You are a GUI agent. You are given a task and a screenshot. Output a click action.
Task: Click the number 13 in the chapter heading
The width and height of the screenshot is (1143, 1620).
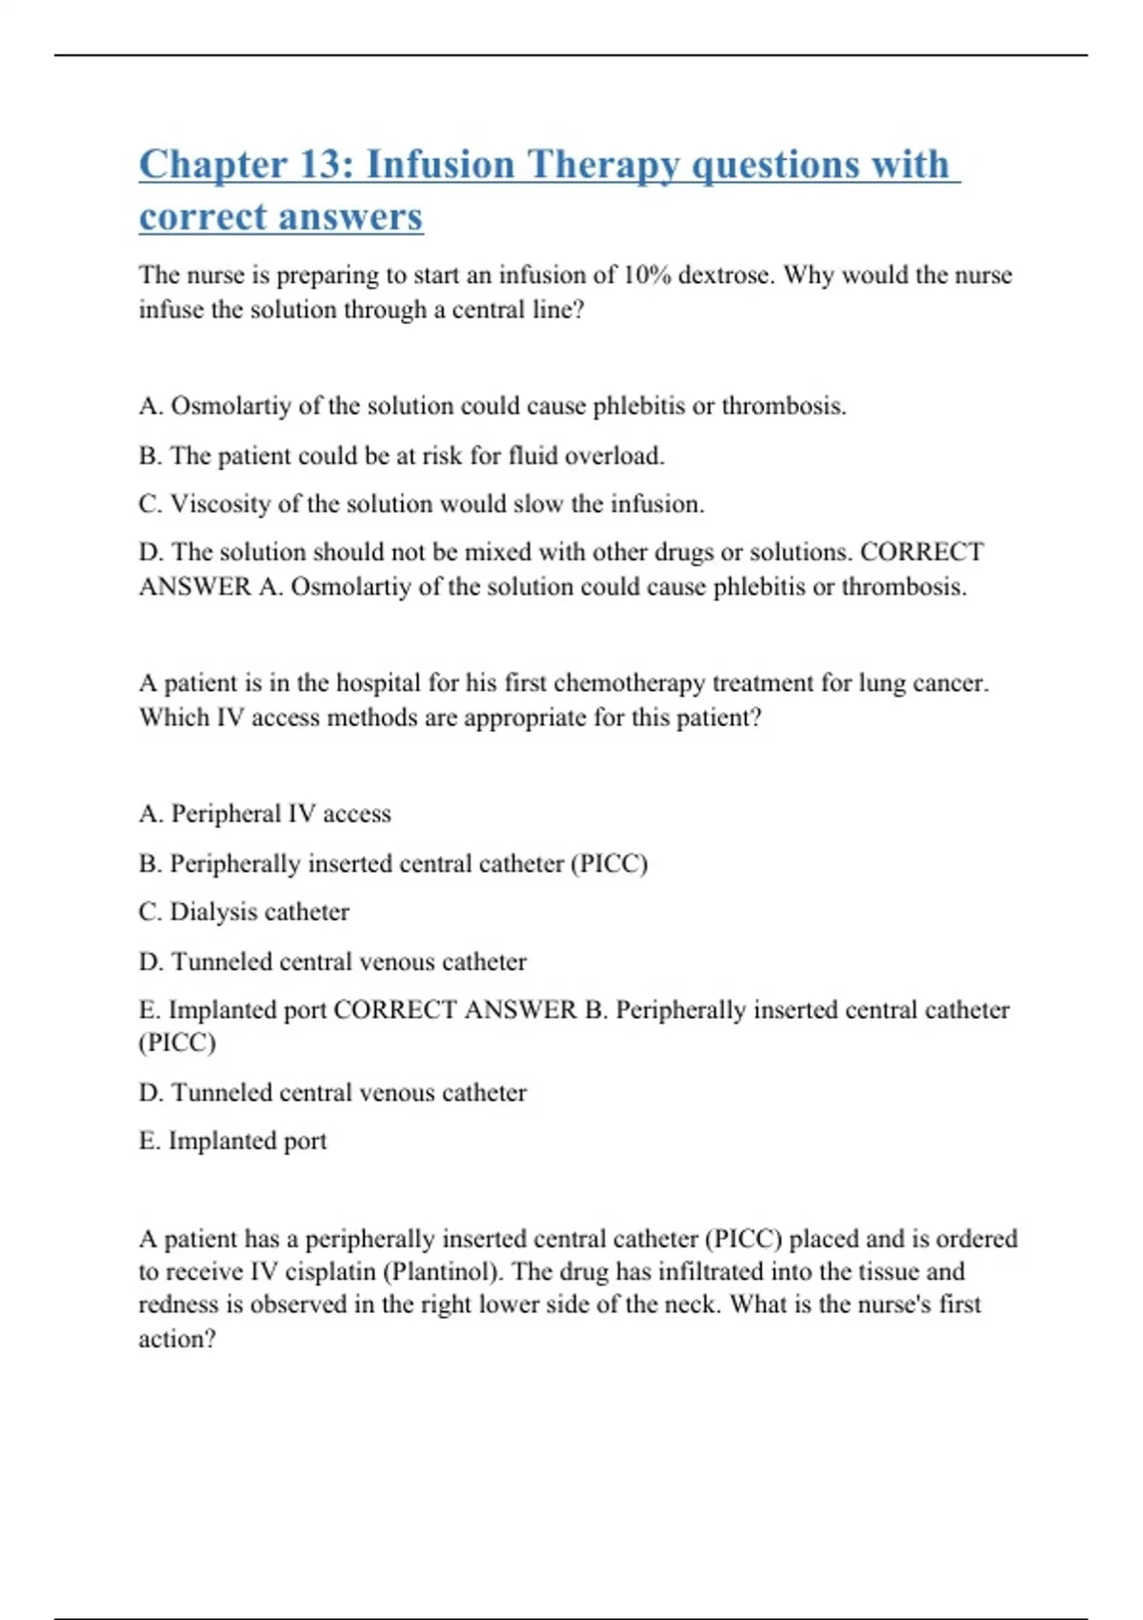(325, 164)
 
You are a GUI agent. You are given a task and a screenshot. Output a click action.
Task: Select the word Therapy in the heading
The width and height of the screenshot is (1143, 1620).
(603, 166)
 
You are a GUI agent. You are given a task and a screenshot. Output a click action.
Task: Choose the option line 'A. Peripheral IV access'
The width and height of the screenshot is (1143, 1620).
(265, 814)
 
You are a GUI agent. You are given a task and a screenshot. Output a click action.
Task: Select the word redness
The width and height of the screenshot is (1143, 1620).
(179, 1305)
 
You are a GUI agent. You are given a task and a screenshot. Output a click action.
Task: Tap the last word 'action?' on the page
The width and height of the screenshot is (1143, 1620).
(177, 1339)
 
